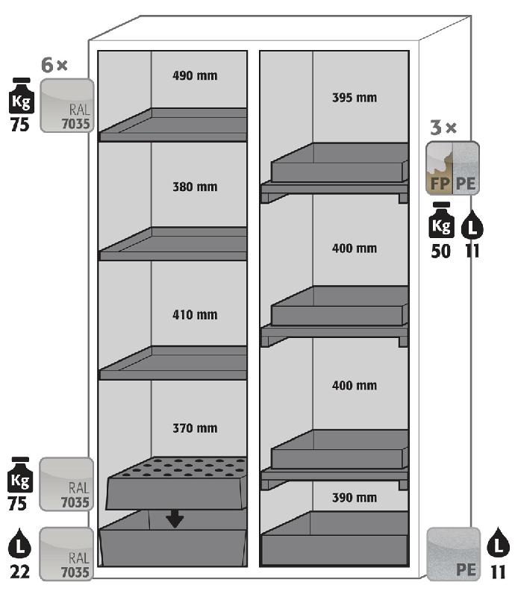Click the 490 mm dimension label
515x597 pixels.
pyautogui.click(x=195, y=75)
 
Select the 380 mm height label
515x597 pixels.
pyautogui.click(x=195, y=187)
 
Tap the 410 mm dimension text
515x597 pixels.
pyautogui.click(x=195, y=314)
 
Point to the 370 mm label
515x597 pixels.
pyautogui.click(x=195, y=428)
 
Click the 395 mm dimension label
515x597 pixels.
pyautogui.click(x=355, y=98)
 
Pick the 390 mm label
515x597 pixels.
pyautogui.click(x=355, y=498)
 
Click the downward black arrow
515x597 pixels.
pyautogui.click(x=175, y=519)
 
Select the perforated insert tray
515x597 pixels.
pyautogui.click(x=176, y=483)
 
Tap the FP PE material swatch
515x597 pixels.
pyautogui.click(x=452, y=168)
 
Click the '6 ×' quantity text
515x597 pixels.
pyautogui.click(x=54, y=65)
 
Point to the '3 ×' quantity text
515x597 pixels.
pyautogui.click(x=443, y=128)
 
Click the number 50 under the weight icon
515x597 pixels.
pyautogui.click(x=440, y=251)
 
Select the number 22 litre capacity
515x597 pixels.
pyautogui.click(x=19, y=572)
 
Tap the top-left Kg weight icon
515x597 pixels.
pyautogui.click(x=22, y=96)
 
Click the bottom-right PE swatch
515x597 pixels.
pyautogui.click(x=453, y=554)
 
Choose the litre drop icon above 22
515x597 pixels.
pyautogui.click(x=19, y=543)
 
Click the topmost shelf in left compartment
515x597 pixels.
pyautogui.click(x=173, y=125)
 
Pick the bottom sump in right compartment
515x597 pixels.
pyautogui.click(x=334, y=538)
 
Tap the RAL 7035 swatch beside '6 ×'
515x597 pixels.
pyautogui.click(x=67, y=105)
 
